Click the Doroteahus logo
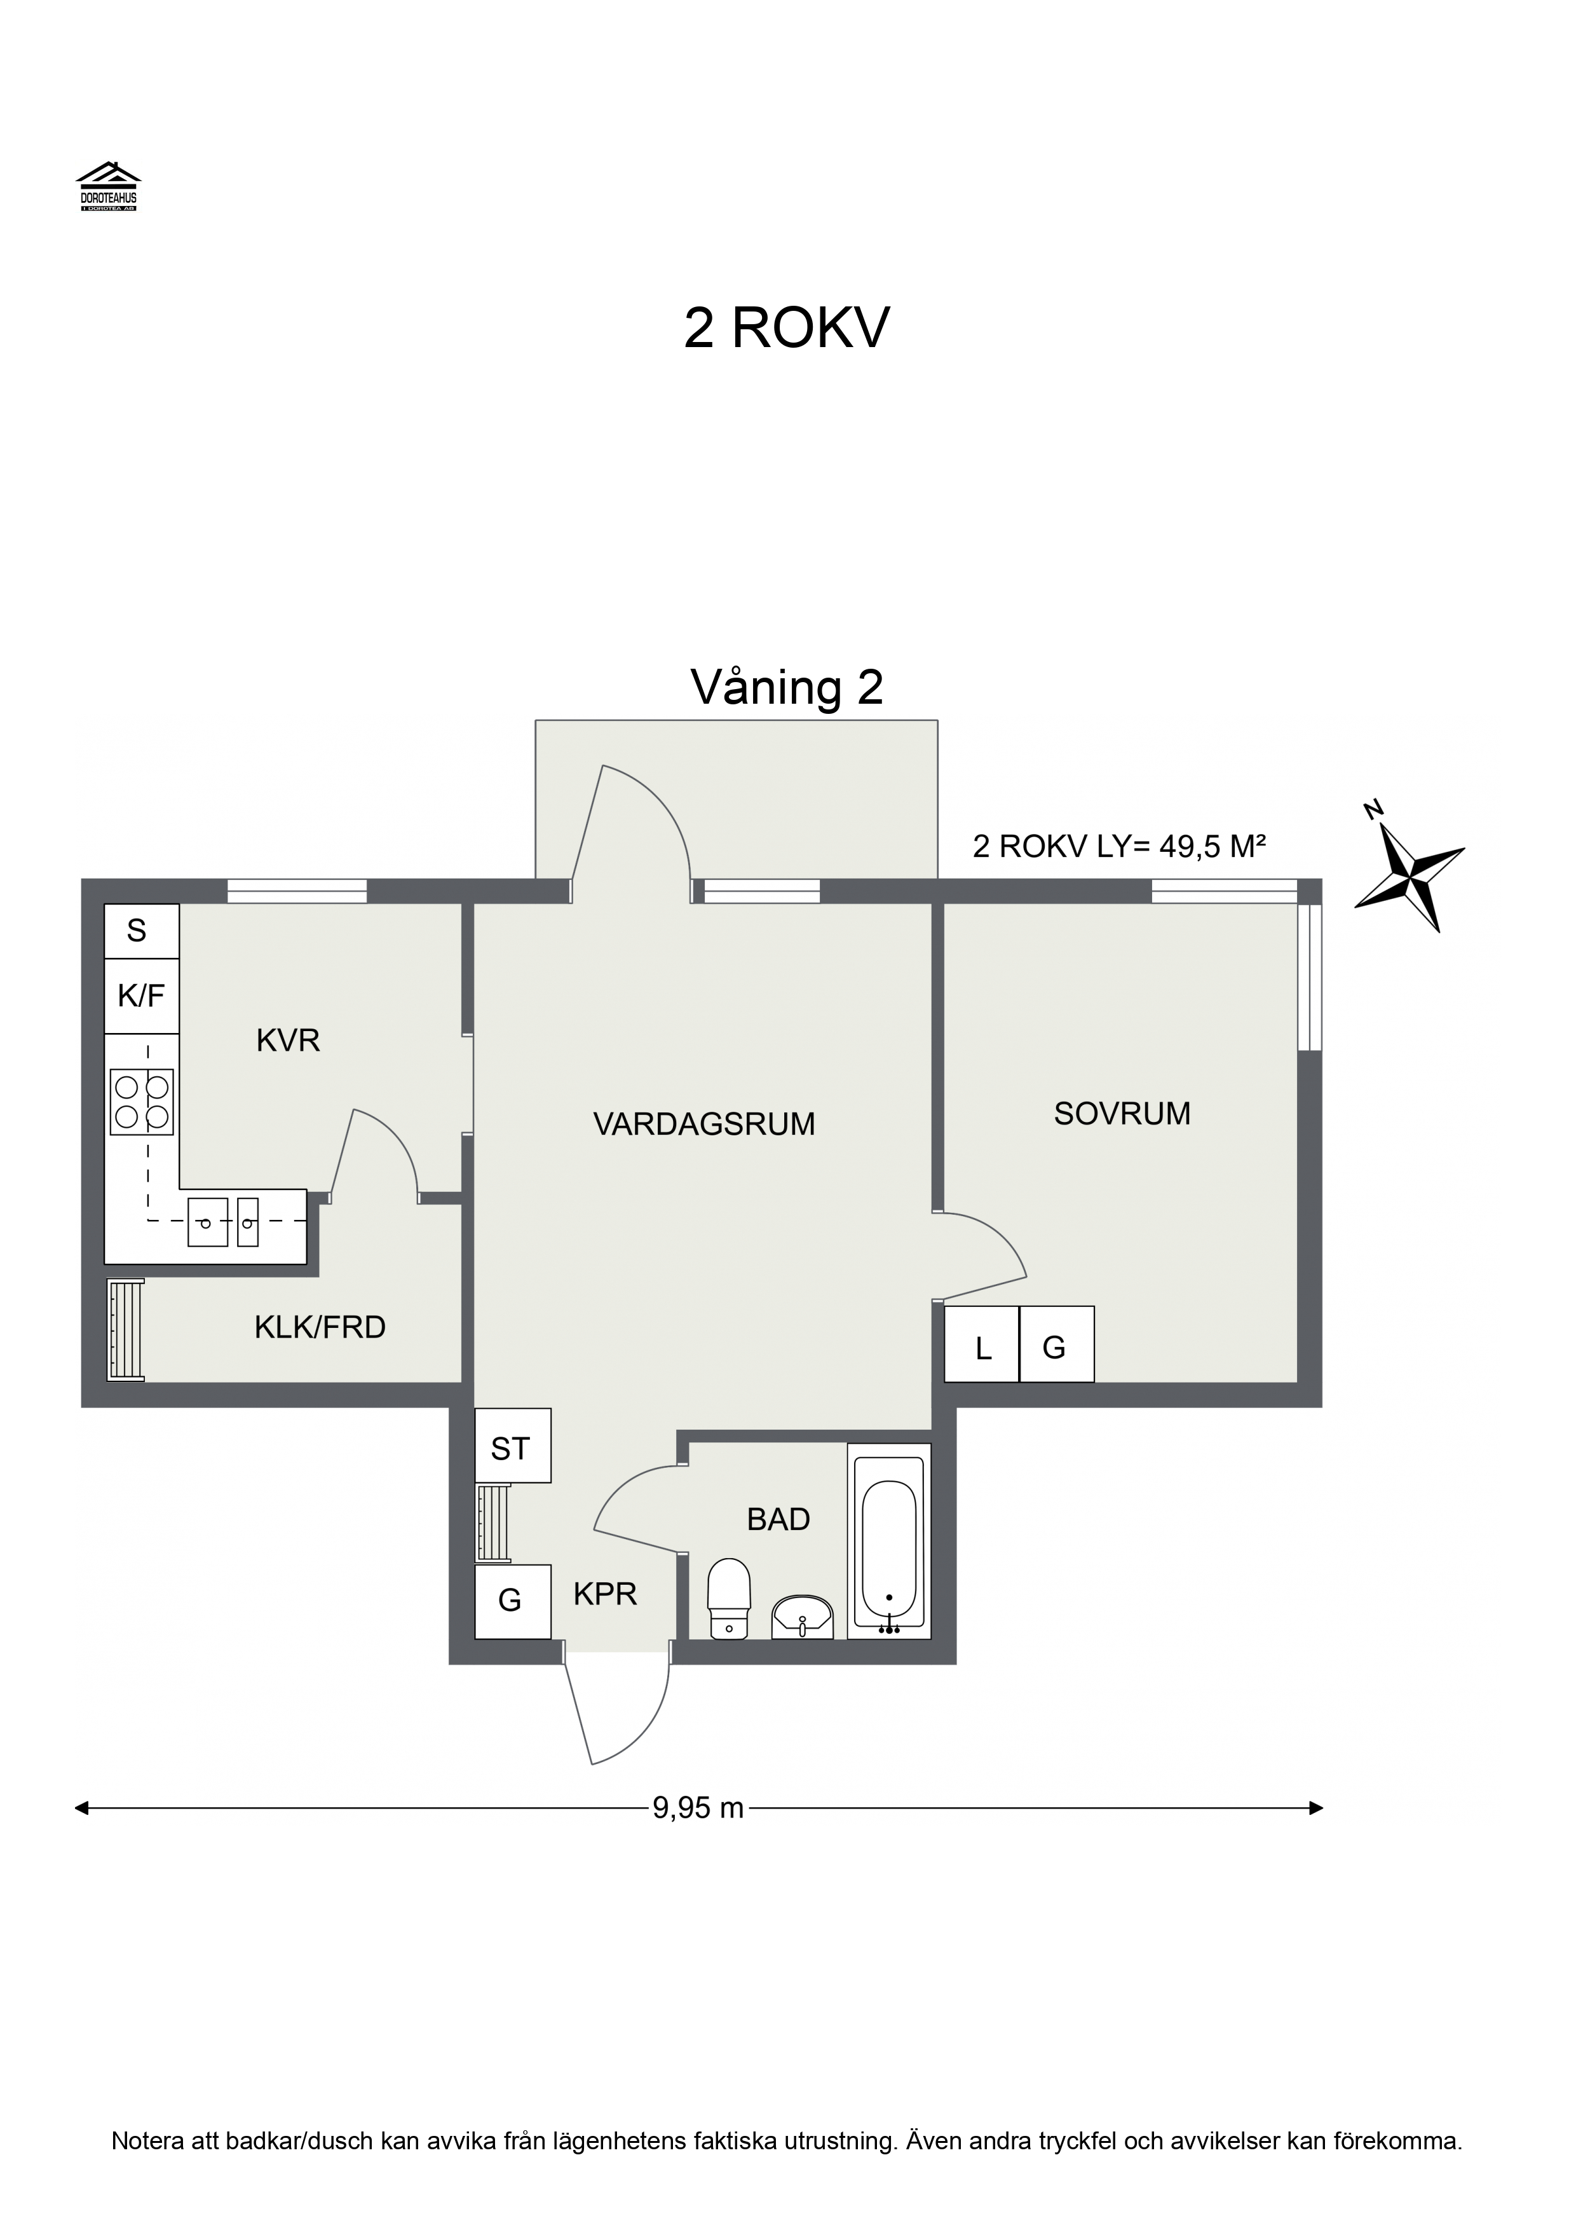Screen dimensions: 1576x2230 [109, 186]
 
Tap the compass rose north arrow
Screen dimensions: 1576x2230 [1410, 865]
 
